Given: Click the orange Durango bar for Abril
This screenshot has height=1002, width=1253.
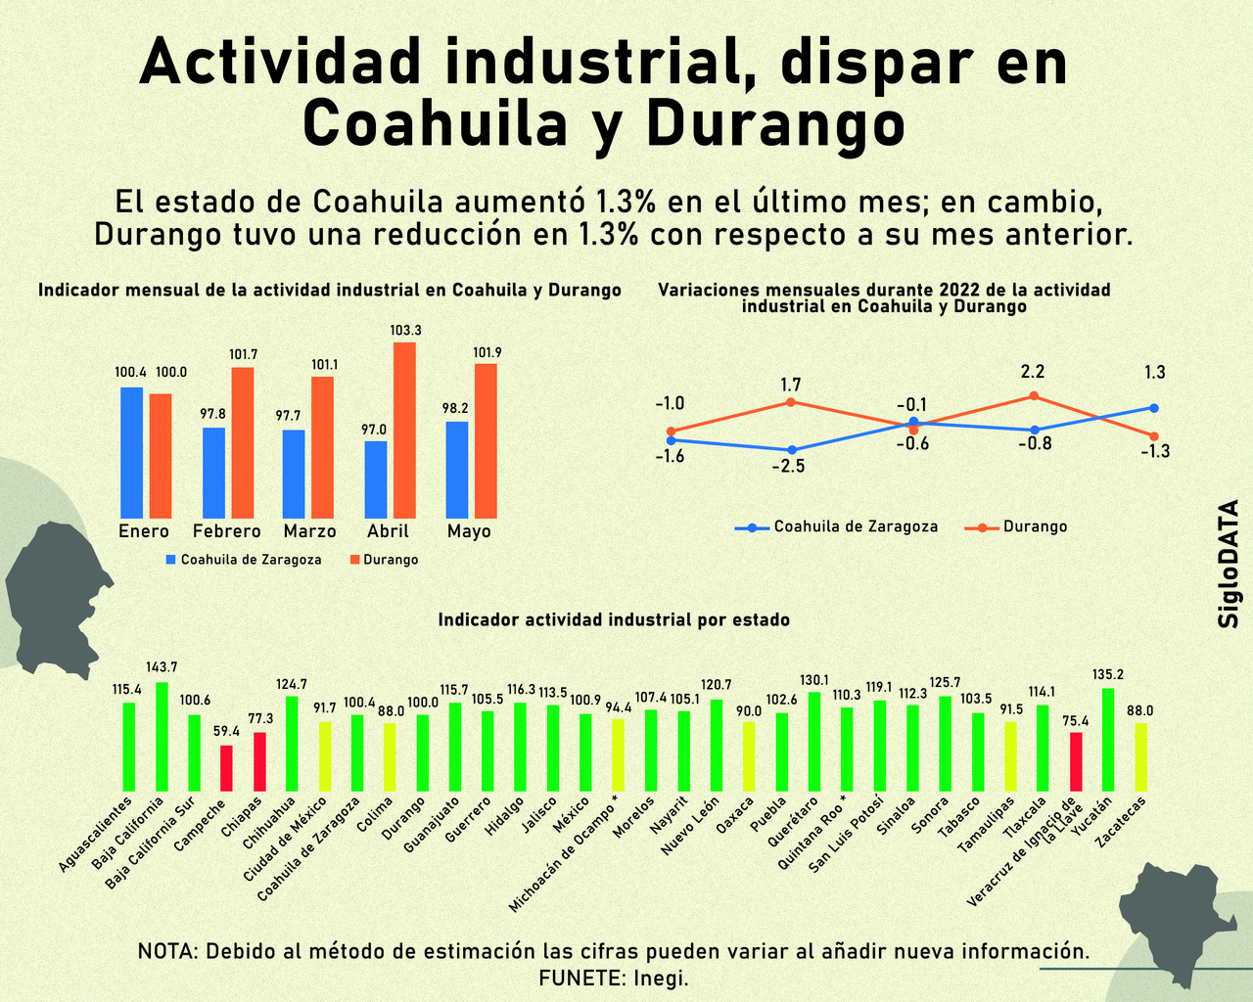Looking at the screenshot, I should point(404,430).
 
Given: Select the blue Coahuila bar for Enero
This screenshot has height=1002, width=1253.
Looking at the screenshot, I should point(131,452).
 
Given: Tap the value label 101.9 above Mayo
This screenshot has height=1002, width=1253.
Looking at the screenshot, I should point(487,352).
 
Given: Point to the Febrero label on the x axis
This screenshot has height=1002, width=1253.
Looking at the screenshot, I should point(226,531).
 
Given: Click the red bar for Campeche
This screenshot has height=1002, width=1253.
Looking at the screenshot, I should point(226,768).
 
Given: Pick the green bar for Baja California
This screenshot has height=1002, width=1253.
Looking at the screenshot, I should point(162,736).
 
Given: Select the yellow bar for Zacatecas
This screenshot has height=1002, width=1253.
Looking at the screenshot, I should point(1140,756).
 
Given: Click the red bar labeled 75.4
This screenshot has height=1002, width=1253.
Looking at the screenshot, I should point(1076,761).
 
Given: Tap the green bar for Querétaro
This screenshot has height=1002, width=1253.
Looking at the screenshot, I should point(814,741).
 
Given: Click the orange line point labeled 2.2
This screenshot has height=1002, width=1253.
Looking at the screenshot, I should point(1033,396).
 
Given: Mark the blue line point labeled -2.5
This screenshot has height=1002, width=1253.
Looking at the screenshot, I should point(791,450).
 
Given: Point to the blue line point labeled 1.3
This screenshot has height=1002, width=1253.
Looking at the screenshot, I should point(1154,408).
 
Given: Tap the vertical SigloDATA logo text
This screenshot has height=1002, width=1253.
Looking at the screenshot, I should point(1230,565).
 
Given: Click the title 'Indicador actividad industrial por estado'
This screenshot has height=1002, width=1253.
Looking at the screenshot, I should point(614,619).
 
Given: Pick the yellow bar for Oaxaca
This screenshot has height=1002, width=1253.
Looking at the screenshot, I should point(749,755).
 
